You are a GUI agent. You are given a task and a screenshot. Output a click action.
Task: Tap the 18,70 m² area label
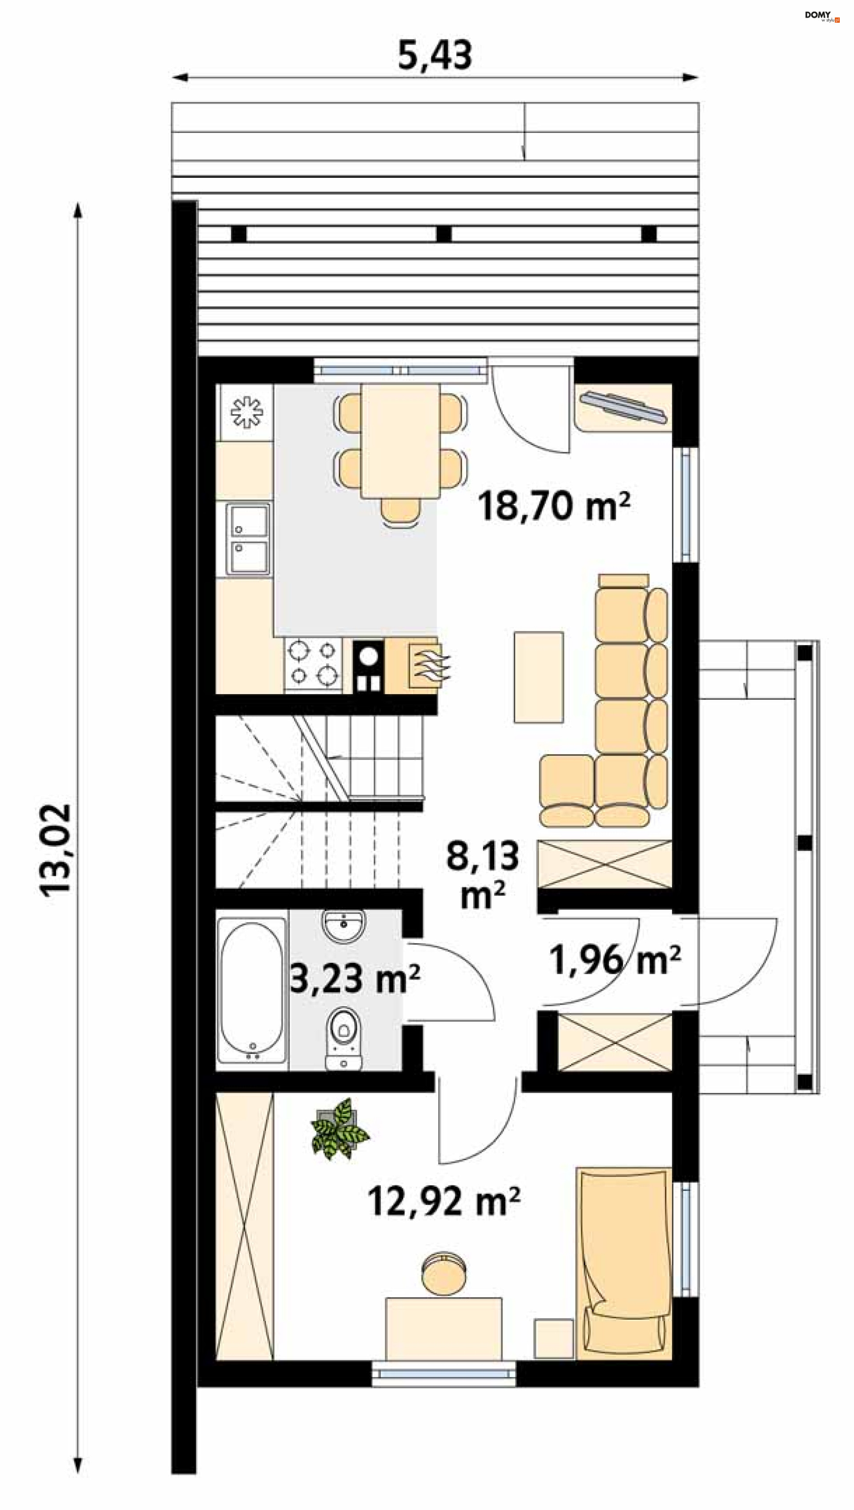[554, 506]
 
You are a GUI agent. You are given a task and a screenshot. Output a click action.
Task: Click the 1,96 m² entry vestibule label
[615, 960]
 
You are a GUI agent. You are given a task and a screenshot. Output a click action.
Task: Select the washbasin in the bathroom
[344, 926]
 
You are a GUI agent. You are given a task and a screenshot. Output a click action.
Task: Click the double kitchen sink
[249, 539]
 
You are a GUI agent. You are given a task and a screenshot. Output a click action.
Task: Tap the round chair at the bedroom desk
[445, 1273]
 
